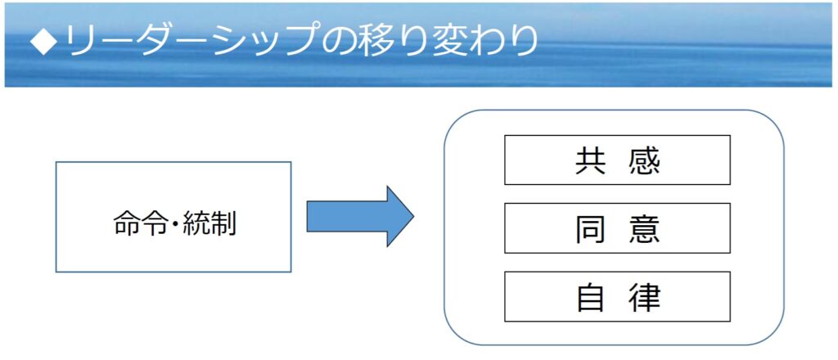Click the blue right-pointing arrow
(360, 216)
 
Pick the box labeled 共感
(617, 160)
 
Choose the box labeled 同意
(617, 228)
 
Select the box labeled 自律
(617, 296)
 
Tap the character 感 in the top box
(645, 160)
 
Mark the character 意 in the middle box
(645, 228)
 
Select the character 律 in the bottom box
(645, 297)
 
